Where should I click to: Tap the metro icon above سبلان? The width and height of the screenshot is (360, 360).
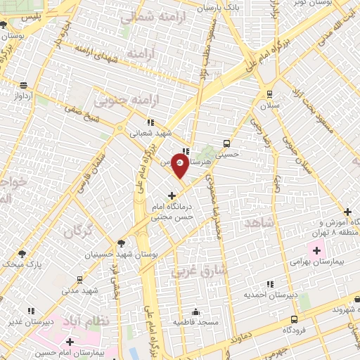pos(269,94)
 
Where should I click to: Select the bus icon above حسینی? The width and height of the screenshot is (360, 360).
pos(226,141)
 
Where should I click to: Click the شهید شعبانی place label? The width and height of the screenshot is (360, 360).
pos(154,133)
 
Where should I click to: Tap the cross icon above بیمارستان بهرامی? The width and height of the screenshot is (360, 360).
pos(316,250)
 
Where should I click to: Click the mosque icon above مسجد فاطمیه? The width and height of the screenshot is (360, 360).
pos(195,311)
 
